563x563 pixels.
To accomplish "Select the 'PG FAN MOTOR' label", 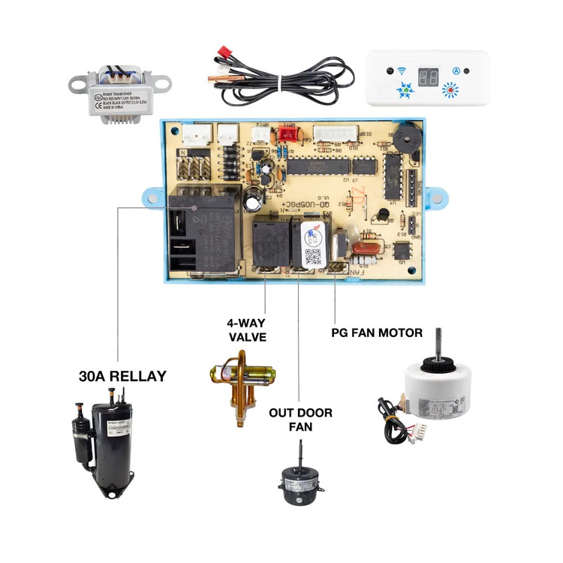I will click(x=377, y=332).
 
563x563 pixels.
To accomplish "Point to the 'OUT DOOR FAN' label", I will click(x=300, y=420).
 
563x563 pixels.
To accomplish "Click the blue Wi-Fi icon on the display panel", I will click(x=401, y=72).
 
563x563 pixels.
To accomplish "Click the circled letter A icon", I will click(x=456, y=71).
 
